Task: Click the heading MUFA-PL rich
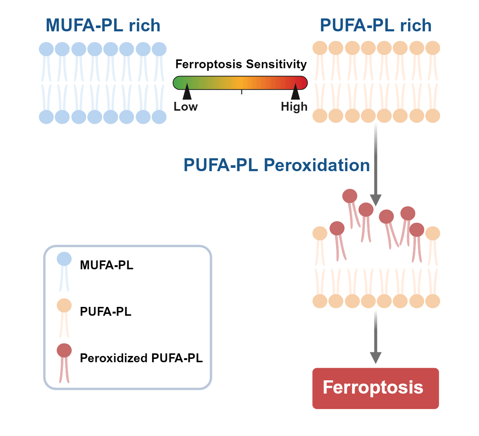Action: pos(103,25)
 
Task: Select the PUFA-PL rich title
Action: pos(375,25)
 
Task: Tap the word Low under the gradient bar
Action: pos(186,107)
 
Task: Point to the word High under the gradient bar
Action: pos(294,107)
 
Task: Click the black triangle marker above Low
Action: pos(187,93)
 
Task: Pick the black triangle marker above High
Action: pos(296,93)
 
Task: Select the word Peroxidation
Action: pos(317,165)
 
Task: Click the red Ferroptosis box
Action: pos(375,388)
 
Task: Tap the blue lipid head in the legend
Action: pos(64,259)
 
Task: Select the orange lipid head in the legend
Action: pos(64,305)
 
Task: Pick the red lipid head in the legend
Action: pos(64,350)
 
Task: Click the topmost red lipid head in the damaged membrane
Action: pos(350,196)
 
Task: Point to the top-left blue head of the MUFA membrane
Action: pos(46,49)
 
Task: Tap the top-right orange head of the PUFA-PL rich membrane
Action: pos(433,48)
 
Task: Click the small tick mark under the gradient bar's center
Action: pos(242,92)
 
